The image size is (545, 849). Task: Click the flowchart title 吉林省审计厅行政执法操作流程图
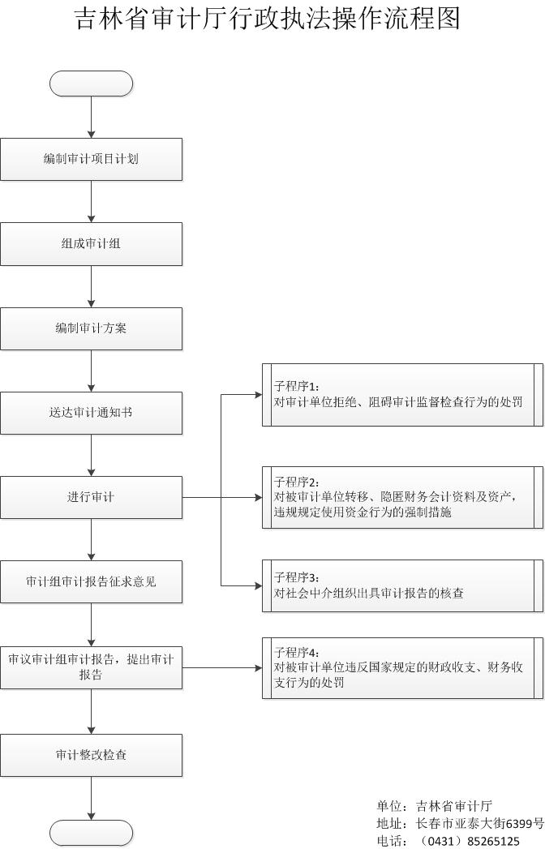[267, 19]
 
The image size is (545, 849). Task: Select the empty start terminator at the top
[91, 84]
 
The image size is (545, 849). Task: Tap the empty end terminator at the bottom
[91, 834]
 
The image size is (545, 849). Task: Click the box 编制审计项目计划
[91, 159]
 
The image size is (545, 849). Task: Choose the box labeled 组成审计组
[91, 243]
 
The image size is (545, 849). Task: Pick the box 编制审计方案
[91, 328]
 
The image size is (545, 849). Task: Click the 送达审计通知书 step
[91, 413]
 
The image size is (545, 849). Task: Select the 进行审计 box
[91, 498]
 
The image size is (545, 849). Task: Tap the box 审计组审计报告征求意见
[91, 582]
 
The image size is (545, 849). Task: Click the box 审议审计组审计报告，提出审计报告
[91, 667]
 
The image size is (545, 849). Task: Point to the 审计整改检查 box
[91, 755]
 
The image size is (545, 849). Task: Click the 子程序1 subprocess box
[402, 395]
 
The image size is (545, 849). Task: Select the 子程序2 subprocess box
[402, 497]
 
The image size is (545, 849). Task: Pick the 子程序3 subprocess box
[402, 585]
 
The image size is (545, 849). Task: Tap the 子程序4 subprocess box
[402, 668]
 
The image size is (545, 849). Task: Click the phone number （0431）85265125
[469, 842]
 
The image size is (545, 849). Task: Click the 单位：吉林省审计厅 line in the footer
[434, 806]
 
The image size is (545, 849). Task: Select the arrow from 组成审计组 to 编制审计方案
[91, 286]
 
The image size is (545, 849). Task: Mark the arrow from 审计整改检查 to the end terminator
[91, 799]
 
